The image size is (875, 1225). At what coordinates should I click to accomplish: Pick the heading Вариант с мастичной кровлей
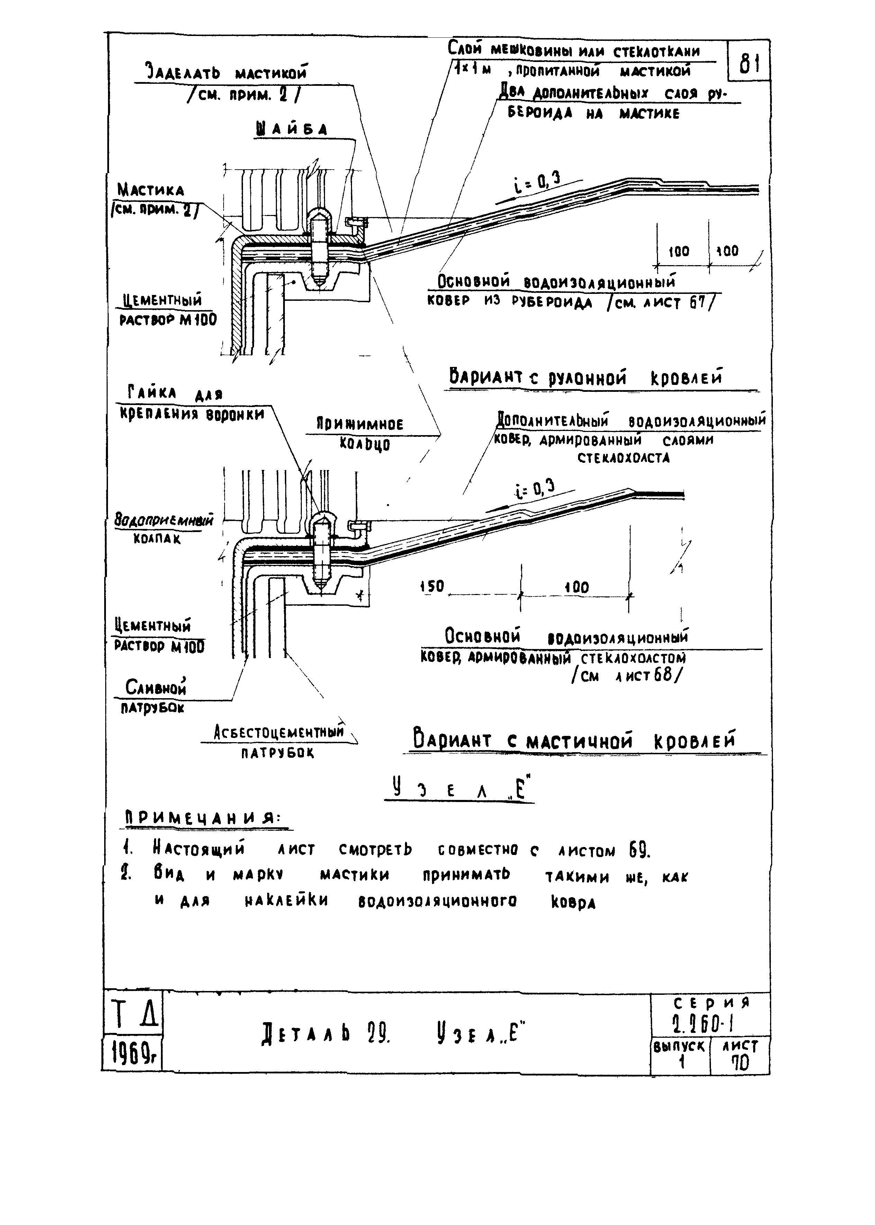pos(574,741)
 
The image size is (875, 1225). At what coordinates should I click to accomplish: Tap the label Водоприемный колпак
pos(163,529)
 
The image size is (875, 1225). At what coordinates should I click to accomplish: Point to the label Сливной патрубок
pos(156,696)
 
